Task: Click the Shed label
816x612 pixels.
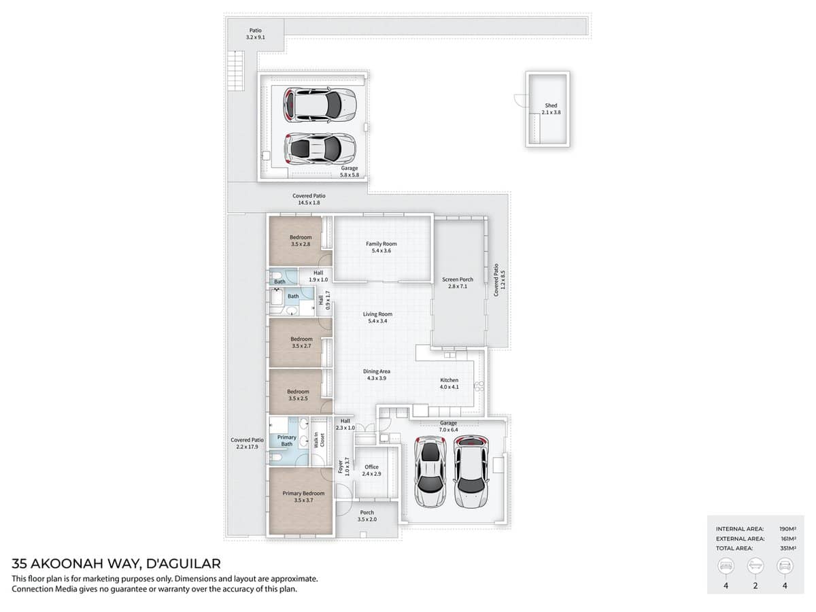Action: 551,109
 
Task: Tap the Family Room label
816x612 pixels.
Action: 381,248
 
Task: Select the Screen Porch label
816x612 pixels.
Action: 457,283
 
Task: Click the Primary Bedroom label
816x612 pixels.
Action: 303,496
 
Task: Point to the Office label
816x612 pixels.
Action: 371,470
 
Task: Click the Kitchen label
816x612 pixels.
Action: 449,384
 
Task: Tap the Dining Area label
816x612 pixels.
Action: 376,375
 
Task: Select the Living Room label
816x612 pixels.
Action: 377,318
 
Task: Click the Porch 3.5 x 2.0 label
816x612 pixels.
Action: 367,515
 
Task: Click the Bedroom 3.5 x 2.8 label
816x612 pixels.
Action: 301,241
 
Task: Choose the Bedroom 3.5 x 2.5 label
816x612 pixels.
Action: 298,395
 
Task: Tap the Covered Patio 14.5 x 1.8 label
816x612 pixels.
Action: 309,199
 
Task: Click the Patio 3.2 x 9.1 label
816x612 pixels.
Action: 255,34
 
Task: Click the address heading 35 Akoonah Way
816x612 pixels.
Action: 116,564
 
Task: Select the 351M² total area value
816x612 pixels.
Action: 787,547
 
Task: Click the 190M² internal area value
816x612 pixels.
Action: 787,528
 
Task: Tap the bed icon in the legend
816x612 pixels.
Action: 726,566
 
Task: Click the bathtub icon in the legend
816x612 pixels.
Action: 755,566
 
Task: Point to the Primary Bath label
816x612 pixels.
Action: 287,441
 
